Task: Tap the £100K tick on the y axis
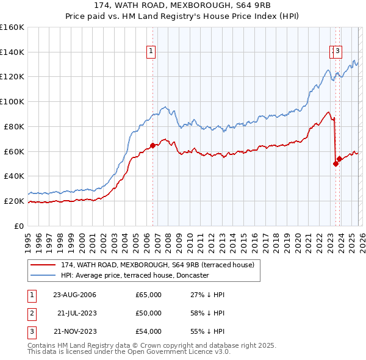tap(12, 101)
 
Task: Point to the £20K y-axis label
tap(14, 201)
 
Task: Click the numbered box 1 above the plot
tap(150, 52)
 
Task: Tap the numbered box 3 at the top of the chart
tap(337, 52)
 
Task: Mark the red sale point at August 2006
tap(153, 145)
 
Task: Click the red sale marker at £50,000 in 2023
tap(335, 164)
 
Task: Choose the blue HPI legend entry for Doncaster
tap(135, 275)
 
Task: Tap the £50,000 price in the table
tap(148, 313)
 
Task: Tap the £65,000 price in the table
tap(148, 295)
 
